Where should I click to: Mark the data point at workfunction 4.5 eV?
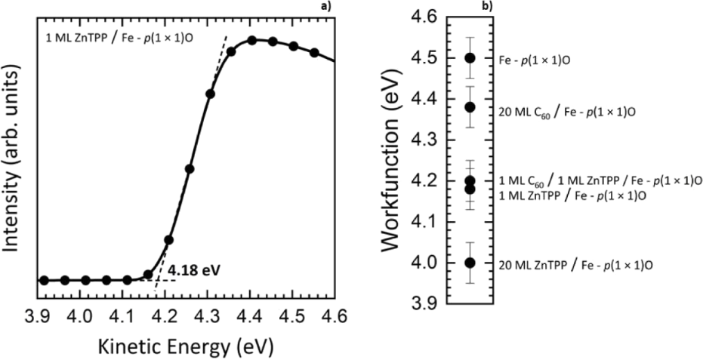click(x=470, y=57)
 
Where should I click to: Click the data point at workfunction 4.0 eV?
click(x=470, y=263)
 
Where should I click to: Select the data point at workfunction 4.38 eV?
click(x=470, y=107)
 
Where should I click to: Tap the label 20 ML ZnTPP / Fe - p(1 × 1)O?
click(x=576, y=265)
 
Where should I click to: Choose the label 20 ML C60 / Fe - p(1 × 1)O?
click(x=566, y=110)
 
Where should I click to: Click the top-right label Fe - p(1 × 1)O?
click(x=535, y=57)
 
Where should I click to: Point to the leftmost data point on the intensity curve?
click(x=44, y=280)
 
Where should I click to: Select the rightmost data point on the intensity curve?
click(x=314, y=53)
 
